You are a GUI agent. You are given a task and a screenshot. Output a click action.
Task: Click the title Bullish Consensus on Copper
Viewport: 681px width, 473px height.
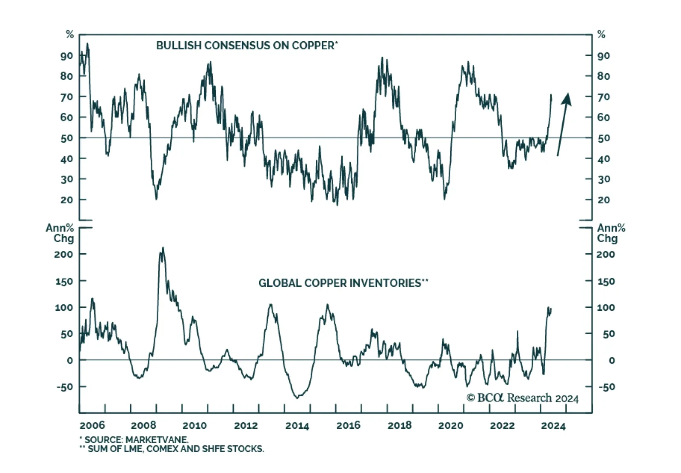pyautogui.click(x=246, y=46)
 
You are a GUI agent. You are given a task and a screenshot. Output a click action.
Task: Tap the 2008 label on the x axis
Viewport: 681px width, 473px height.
pyautogui.click(x=143, y=425)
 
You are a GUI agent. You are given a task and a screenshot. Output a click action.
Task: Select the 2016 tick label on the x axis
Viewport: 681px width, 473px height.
pyautogui.click(x=348, y=425)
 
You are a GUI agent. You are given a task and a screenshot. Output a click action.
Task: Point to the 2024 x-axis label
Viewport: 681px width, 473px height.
pyautogui.click(x=553, y=426)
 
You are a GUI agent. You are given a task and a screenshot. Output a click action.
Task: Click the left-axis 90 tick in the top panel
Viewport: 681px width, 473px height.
pyautogui.click(x=67, y=56)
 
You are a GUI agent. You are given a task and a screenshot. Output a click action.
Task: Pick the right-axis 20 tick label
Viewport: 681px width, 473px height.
pyautogui.click(x=604, y=200)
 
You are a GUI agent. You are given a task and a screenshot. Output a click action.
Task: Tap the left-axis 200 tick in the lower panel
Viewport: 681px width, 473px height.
pyautogui.click(x=63, y=255)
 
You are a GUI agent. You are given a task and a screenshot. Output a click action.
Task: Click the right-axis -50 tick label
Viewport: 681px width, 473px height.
pyautogui.click(x=606, y=387)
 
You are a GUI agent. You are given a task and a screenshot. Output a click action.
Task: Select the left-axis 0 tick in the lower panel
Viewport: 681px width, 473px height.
pyautogui.click(x=70, y=361)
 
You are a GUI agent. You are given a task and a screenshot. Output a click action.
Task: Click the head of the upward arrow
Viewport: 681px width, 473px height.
pyautogui.click(x=567, y=99)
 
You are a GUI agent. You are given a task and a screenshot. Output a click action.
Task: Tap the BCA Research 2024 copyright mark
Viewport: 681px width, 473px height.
pyautogui.click(x=523, y=398)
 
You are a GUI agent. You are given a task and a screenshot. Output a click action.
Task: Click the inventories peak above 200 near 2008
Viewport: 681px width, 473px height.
pyautogui.click(x=163, y=248)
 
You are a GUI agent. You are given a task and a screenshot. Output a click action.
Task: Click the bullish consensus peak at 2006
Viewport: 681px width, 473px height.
pyautogui.click(x=87, y=43)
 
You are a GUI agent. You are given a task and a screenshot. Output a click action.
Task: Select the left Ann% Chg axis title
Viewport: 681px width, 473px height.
pyautogui.click(x=60, y=233)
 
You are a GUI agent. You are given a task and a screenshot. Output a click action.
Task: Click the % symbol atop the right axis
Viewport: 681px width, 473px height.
pyautogui.click(x=601, y=34)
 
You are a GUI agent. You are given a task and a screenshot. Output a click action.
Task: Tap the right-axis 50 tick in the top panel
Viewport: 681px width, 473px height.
pyautogui.click(x=604, y=138)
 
